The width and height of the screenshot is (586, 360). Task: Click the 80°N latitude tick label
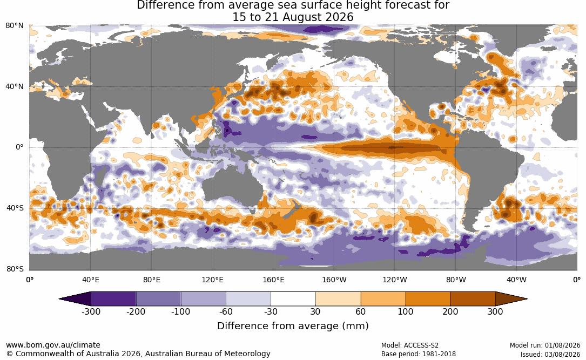(x=15, y=26)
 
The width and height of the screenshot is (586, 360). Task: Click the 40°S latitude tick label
(x=15, y=208)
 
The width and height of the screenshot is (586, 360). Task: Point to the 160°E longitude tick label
(x=274, y=280)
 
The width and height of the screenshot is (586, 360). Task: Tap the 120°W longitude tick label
(x=395, y=280)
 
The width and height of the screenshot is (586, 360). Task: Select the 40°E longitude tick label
(x=90, y=280)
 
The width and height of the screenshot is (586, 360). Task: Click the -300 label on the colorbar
(x=91, y=311)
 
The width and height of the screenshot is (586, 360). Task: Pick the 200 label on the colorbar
(x=450, y=311)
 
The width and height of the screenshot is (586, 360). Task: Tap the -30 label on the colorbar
(x=271, y=311)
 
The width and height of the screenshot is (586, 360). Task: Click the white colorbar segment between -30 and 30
(x=293, y=299)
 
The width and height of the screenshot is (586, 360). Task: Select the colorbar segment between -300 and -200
(x=113, y=299)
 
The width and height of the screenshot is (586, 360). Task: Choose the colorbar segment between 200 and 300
(x=473, y=299)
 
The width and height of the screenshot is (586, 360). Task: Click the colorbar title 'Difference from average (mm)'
(x=293, y=325)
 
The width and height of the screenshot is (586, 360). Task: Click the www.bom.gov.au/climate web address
(x=53, y=345)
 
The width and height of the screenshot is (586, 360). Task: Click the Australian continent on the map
(x=232, y=188)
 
